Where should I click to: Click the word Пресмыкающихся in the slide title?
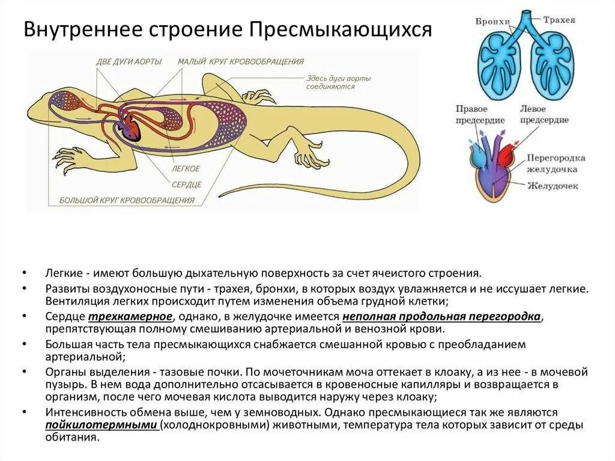[x=341, y=29]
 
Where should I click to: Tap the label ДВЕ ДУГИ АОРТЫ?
[x=129, y=61]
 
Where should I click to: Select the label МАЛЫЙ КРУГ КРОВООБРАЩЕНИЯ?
[x=240, y=61]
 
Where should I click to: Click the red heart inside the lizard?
[x=132, y=127]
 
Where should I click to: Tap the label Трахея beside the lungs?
[x=559, y=20]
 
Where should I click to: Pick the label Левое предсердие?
[x=545, y=114]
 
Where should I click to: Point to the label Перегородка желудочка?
[x=556, y=163]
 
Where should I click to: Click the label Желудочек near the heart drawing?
[x=553, y=186]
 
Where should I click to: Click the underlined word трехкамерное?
[x=131, y=317]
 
